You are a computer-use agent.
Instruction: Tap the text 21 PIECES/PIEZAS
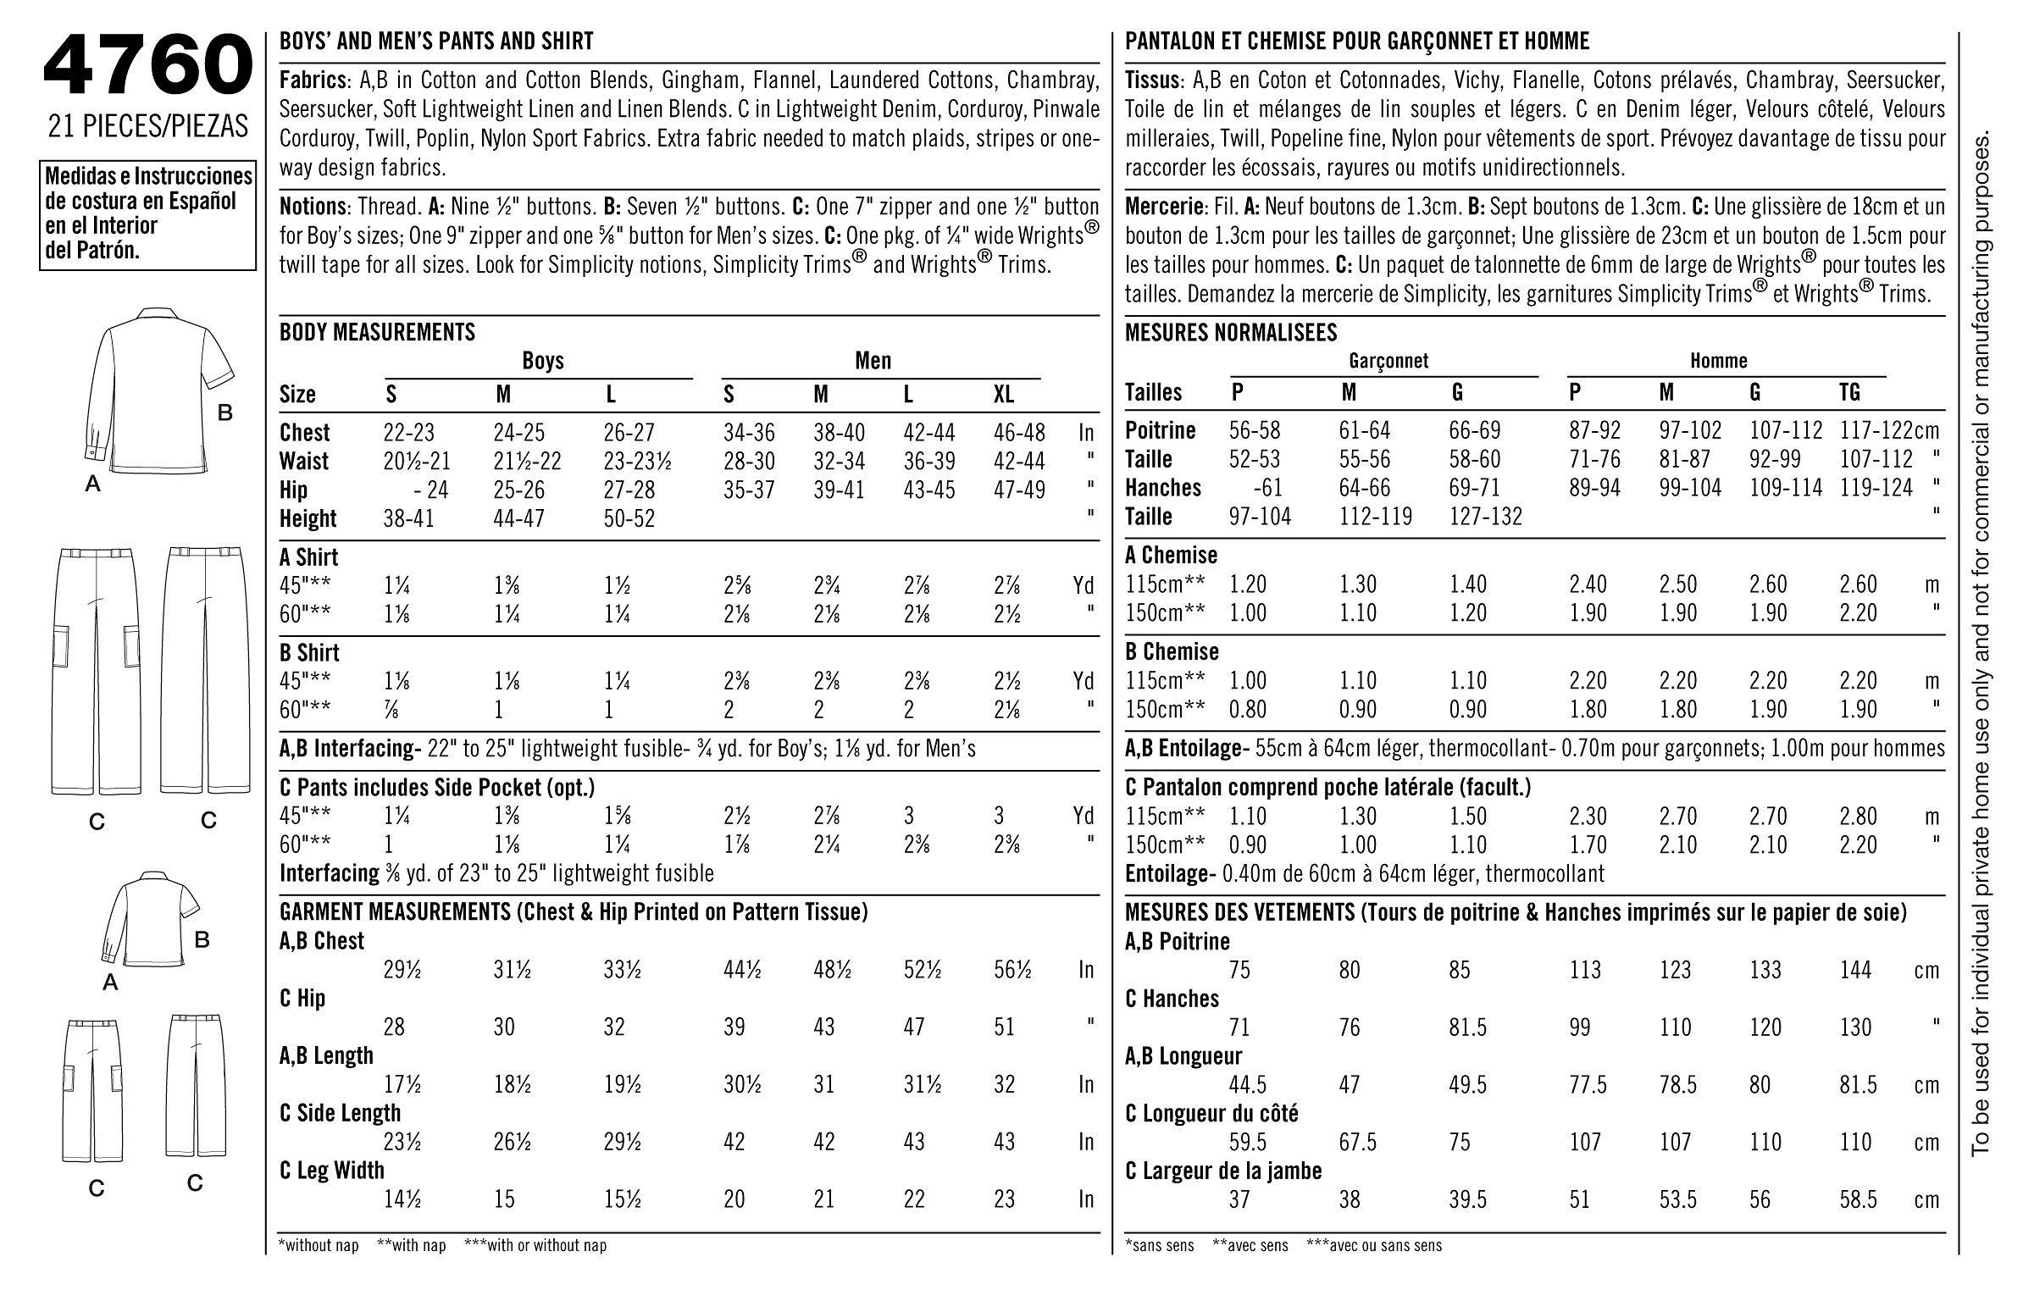[x=148, y=125]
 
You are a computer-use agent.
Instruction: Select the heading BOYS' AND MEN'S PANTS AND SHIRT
[x=436, y=41]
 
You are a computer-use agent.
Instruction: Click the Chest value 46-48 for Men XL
[x=1019, y=433]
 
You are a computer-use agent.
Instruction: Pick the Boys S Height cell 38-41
[x=408, y=518]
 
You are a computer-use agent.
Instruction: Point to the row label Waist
[x=304, y=462]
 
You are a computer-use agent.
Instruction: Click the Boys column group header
[x=542, y=361]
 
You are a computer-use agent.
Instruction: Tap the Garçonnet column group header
[x=1388, y=361]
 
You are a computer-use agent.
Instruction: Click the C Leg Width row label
[x=331, y=1171]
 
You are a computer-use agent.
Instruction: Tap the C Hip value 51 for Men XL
[x=1004, y=1027]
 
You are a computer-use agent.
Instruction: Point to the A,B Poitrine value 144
[x=1855, y=970]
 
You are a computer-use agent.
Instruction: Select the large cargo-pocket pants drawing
[x=95, y=669]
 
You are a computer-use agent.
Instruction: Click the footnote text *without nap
[x=318, y=1245]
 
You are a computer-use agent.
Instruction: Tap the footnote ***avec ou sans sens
[x=1374, y=1245]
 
